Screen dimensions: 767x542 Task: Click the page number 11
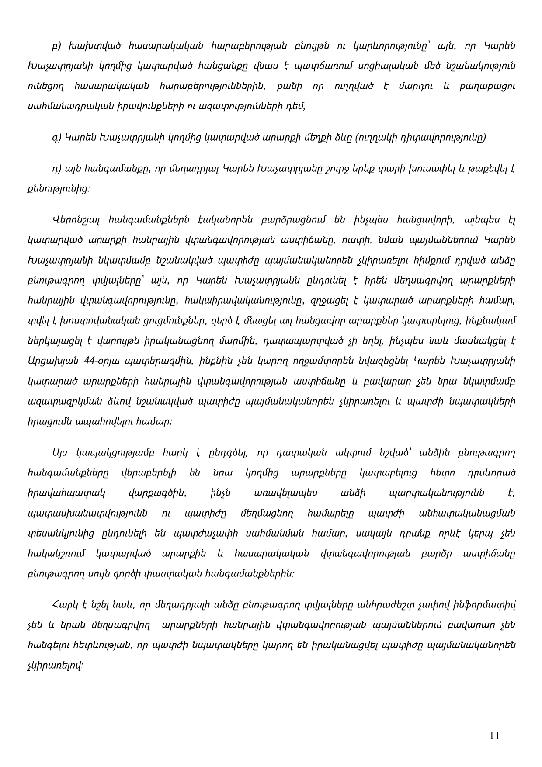click(x=494, y=736)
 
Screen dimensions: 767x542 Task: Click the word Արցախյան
click(x=52, y=361)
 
